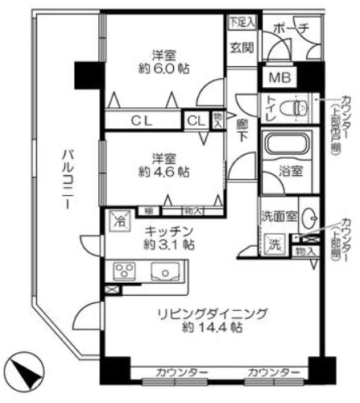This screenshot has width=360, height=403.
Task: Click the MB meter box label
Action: pyautogui.click(x=279, y=78)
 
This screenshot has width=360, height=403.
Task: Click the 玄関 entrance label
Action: pyautogui.click(x=242, y=48)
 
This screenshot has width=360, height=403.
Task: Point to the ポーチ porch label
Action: pyautogui.click(x=292, y=28)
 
